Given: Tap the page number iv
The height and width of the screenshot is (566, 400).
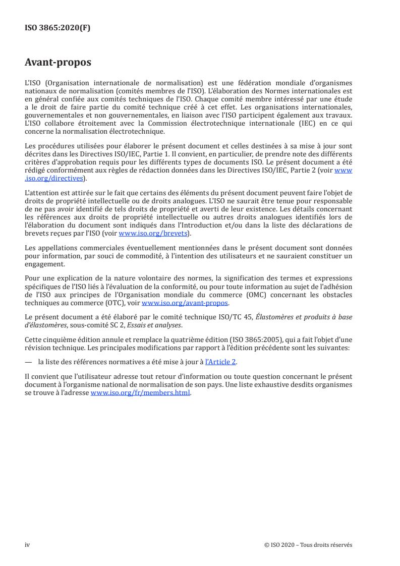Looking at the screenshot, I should [28, 544].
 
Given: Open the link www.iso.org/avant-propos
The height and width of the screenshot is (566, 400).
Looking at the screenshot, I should [185, 303].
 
